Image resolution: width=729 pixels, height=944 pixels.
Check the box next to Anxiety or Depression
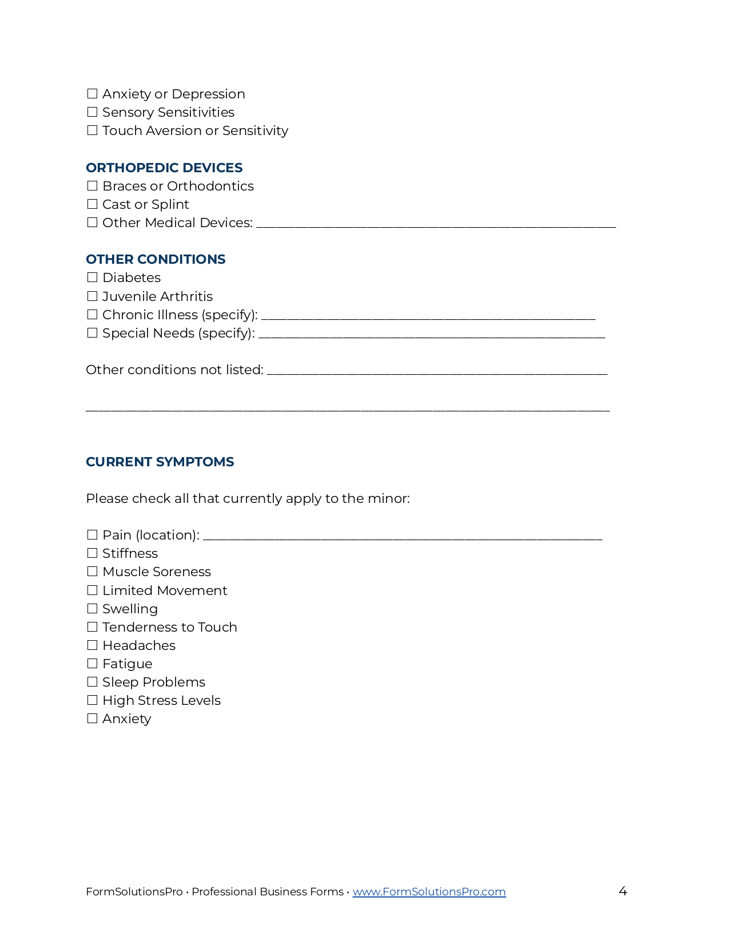tap(92, 94)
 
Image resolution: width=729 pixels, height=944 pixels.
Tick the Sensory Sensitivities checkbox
tap(92, 112)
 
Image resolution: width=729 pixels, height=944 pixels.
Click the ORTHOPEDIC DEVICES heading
tap(164, 168)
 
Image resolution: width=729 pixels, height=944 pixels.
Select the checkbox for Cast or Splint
tap(92, 204)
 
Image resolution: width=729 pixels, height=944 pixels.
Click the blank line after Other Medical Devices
tap(436, 224)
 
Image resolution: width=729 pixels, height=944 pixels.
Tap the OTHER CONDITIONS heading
tap(156, 259)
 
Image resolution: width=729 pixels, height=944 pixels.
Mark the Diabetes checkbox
tap(92, 277)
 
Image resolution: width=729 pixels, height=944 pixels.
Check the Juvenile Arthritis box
tap(92, 296)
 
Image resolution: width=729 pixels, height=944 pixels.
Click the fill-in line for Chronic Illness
tap(428, 316)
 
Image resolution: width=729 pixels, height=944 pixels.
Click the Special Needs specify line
tap(431, 335)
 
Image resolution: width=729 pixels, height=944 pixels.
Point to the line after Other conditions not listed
tap(437, 371)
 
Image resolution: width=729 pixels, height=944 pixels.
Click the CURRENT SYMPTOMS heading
tap(160, 462)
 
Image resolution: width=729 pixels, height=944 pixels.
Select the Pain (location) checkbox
tap(92, 535)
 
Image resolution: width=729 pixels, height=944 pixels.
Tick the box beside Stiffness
tap(92, 553)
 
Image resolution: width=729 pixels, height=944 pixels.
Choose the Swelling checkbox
tap(92, 609)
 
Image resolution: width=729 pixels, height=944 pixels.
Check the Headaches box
tap(92, 645)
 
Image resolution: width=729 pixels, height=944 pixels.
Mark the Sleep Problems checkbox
tap(92, 682)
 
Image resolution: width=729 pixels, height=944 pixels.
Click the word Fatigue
tap(127, 664)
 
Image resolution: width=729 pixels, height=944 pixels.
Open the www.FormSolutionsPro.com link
tap(429, 891)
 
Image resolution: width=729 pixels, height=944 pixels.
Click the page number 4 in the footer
tap(623, 891)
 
